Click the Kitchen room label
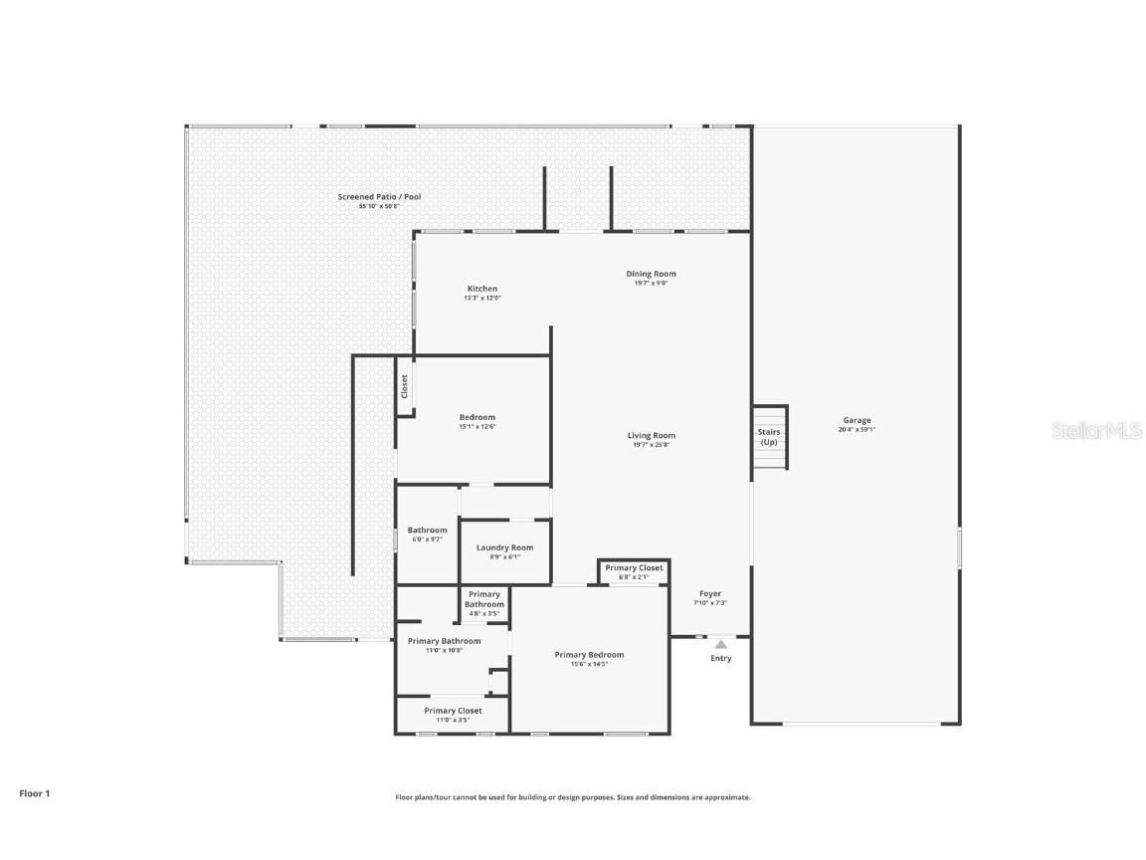click(x=482, y=289)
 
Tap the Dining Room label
click(x=651, y=274)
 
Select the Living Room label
click(x=651, y=435)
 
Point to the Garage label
click(x=857, y=420)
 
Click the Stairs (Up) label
click(x=769, y=436)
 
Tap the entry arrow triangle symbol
click(x=720, y=644)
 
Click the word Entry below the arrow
click(x=720, y=658)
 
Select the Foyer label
click(x=709, y=594)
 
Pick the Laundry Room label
click(x=504, y=547)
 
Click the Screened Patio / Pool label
click(x=379, y=197)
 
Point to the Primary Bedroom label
click(x=589, y=655)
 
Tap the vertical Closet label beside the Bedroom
click(x=405, y=386)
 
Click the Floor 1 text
click(x=34, y=793)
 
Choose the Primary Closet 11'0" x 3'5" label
click(x=453, y=711)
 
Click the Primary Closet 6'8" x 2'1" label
click(x=634, y=568)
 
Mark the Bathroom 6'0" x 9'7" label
click(x=427, y=531)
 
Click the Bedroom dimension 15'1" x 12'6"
click(x=477, y=426)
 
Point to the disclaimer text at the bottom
click(x=572, y=797)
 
